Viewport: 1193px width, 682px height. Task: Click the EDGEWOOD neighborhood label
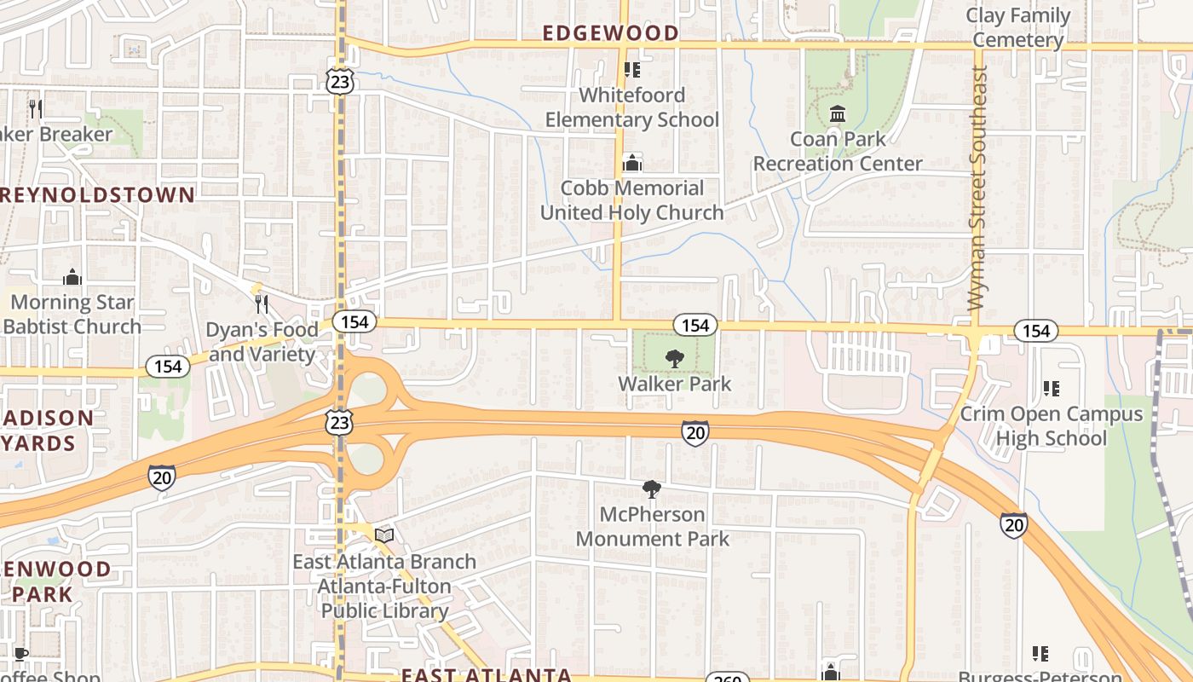click(x=611, y=33)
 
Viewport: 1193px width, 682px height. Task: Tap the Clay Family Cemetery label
click(x=1017, y=28)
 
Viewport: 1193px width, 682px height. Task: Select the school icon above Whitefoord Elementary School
click(x=631, y=70)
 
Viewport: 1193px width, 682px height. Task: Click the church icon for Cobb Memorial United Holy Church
click(x=631, y=162)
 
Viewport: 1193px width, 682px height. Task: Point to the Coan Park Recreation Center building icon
click(x=838, y=113)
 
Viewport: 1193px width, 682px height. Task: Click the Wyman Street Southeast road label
click(x=978, y=188)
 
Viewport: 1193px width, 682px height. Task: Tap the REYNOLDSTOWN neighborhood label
click(x=98, y=194)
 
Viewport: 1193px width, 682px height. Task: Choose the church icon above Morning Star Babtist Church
click(x=72, y=277)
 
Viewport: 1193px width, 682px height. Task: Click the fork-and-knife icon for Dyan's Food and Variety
click(x=262, y=304)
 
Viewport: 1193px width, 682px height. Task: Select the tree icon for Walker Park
click(x=674, y=358)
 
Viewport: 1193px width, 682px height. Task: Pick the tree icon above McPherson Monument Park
click(x=652, y=489)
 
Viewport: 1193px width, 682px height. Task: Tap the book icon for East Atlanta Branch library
click(x=384, y=535)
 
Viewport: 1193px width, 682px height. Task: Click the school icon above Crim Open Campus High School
click(x=1051, y=389)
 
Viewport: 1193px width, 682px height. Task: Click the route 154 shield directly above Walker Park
click(x=694, y=325)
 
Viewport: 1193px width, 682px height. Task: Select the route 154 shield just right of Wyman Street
click(x=1035, y=331)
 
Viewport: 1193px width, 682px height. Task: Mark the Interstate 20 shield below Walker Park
click(x=694, y=433)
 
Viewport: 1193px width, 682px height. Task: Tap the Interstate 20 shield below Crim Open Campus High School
click(x=1013, y=524)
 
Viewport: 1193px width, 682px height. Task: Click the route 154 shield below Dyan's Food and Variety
click(x=168, y=367)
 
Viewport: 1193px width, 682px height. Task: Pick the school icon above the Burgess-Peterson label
click(x=1040, y=654)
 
